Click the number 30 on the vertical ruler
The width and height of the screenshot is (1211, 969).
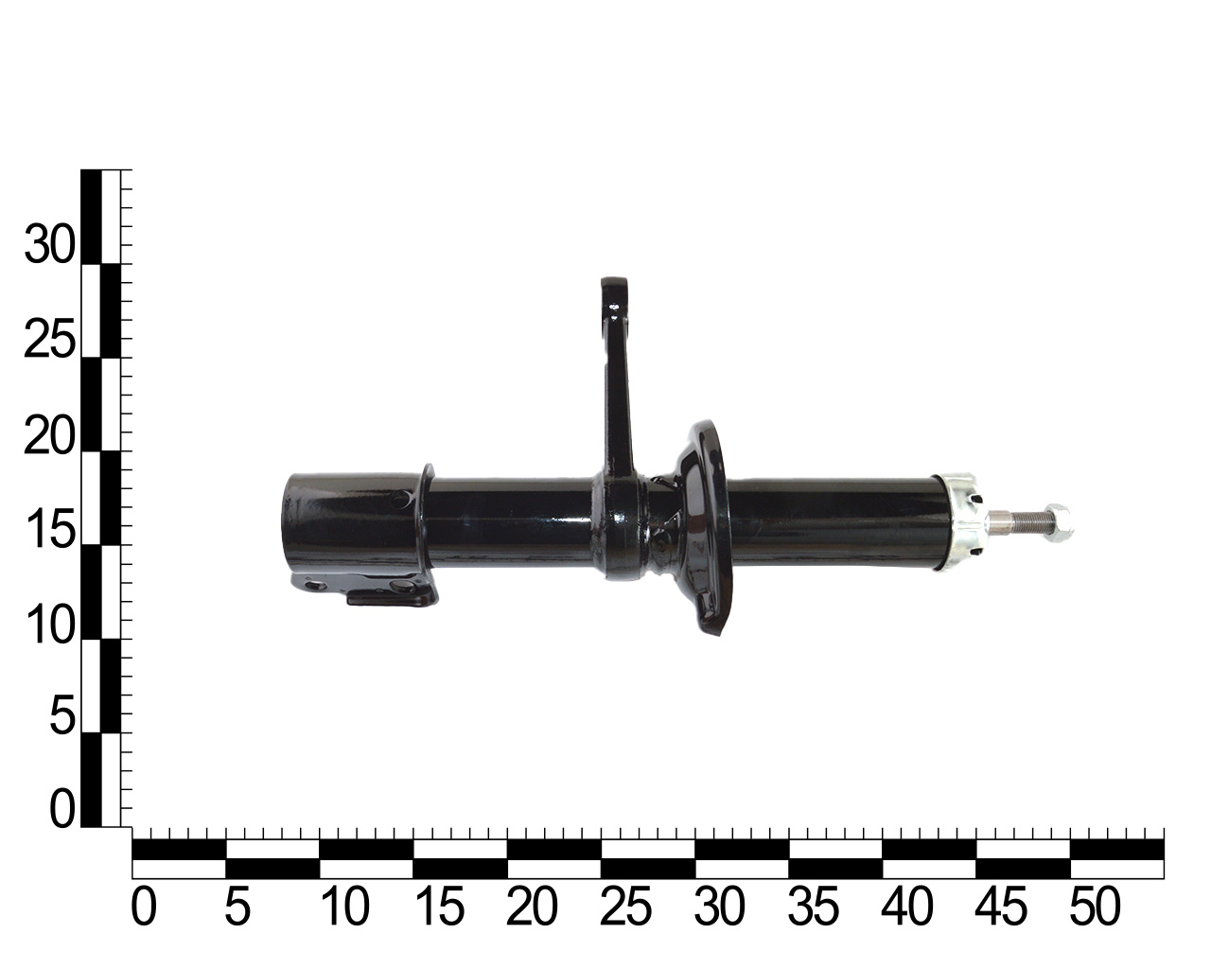49,244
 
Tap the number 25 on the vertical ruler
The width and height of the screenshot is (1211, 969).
49,339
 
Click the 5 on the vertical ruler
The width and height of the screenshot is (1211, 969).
61,715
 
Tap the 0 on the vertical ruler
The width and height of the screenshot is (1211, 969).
61,809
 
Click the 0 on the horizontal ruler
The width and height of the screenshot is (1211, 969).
144,906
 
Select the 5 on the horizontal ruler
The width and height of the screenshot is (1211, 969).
237,906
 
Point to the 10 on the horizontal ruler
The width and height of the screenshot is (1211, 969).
345,906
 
